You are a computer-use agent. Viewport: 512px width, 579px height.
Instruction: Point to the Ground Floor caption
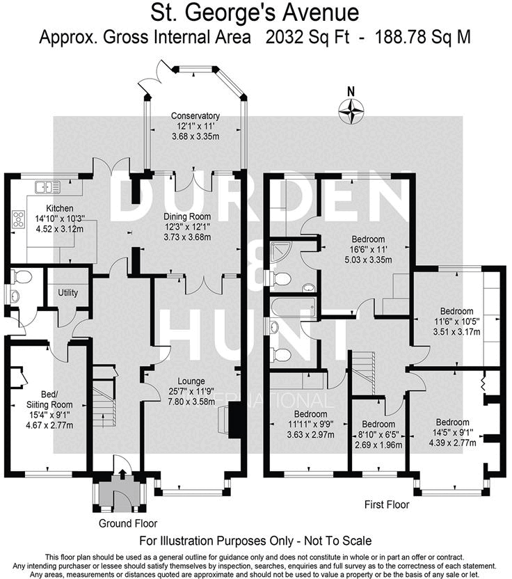[x=127, y=523]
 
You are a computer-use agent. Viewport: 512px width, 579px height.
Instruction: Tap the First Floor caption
[x=387, y=505]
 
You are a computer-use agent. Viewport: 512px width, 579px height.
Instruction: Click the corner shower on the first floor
[x=282, y=251]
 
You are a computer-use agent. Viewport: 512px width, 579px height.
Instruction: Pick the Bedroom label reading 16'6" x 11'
[x=369, y=239]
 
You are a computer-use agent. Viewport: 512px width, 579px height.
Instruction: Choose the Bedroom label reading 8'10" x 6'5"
[x=378, y=424]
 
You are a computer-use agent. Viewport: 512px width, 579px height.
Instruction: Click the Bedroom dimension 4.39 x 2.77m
[x=451, y=441]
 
